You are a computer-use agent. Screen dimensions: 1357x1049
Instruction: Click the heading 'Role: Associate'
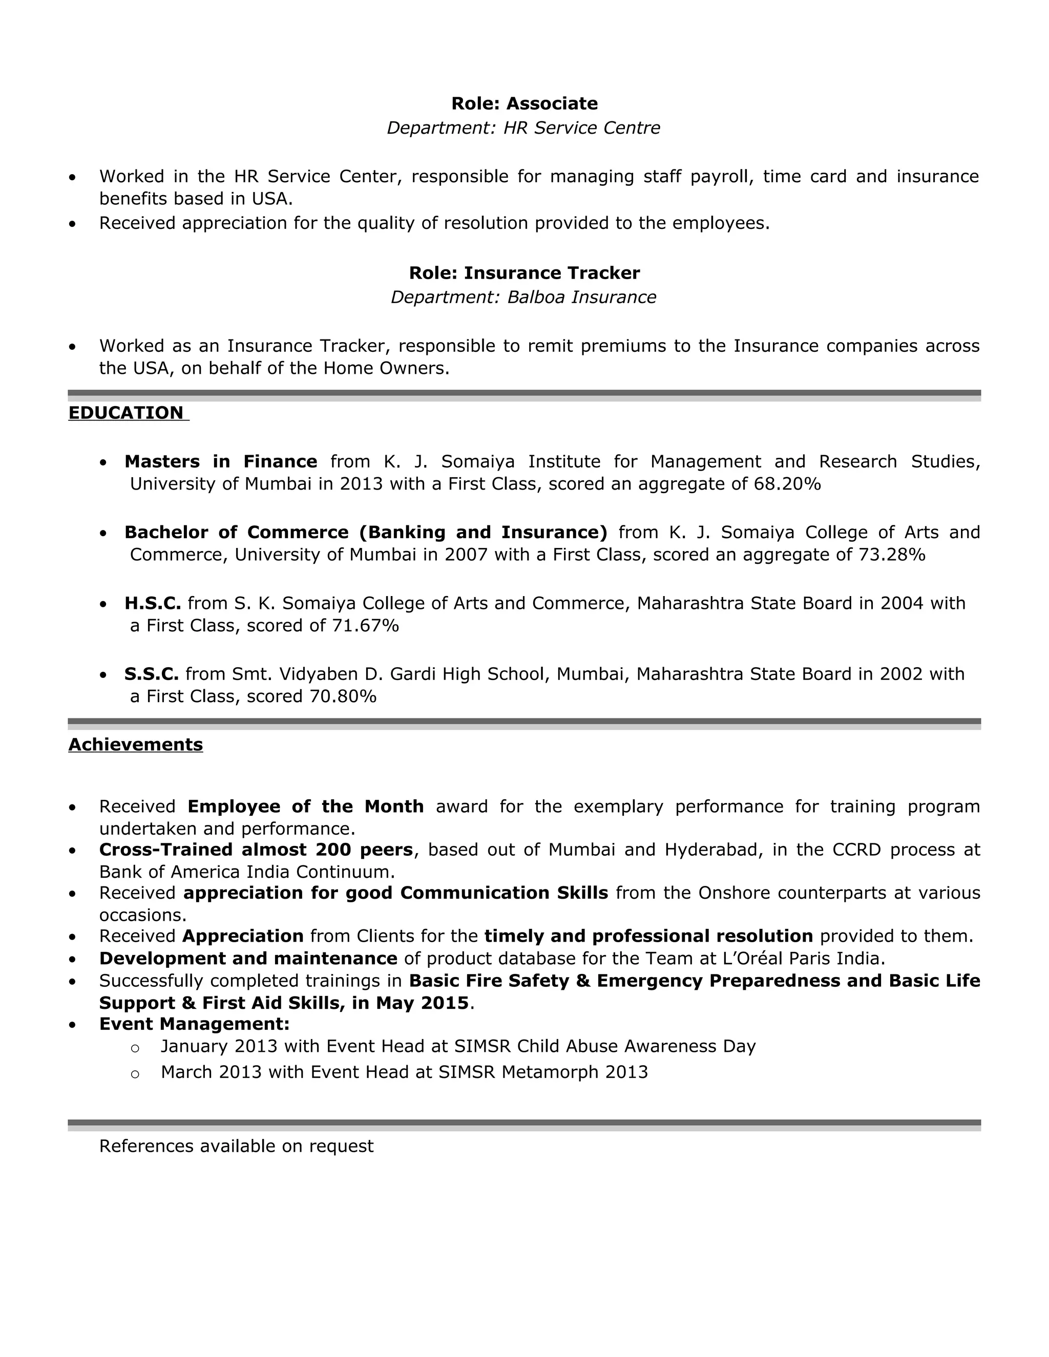point(524,103)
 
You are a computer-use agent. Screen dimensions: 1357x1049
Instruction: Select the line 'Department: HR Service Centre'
point(523,128)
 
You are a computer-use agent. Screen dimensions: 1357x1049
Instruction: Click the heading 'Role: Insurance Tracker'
point(524,273)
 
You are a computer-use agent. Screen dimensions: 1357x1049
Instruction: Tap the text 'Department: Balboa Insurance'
point(523,298)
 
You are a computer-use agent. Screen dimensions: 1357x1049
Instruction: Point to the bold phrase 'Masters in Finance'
point(221,462)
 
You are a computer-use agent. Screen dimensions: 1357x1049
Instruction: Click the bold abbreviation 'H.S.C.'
point(152,603)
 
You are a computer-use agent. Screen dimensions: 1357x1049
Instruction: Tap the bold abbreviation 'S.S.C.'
point(151,674)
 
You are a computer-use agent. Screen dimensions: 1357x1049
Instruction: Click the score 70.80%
point(343,696)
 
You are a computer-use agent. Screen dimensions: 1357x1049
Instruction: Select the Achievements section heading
point(135,745)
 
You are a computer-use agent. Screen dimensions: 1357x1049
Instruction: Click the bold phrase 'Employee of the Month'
point(305,807)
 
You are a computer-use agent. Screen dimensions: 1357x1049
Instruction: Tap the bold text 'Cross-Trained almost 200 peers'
point(256,850)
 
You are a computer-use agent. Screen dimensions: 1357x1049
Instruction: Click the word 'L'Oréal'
point(752,959)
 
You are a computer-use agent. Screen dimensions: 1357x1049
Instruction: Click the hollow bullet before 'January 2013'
point(135,1049)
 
